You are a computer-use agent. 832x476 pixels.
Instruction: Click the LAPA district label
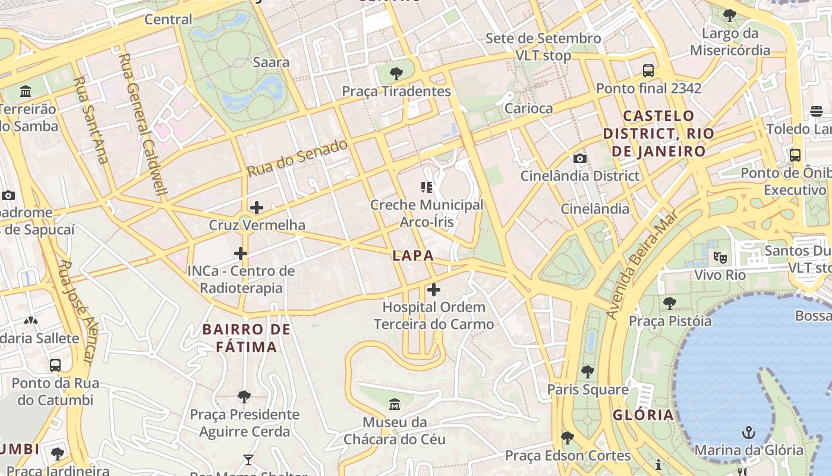tap(412, 256)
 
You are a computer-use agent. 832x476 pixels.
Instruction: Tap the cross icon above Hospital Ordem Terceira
tap(434, 290)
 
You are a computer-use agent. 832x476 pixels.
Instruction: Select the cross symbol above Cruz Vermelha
tap(257, 208)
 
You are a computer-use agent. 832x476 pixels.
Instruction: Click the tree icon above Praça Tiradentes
tap(396, 74)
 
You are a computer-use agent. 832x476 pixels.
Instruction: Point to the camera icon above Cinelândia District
tap(580, 158)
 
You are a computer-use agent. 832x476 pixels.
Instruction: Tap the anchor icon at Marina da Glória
tap(749, 433)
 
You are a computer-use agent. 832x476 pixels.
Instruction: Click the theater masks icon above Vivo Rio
tap(720, 258)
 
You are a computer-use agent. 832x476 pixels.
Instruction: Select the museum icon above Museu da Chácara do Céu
tap(394, 405)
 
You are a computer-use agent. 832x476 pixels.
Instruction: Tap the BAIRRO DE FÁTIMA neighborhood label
tap(246, 338)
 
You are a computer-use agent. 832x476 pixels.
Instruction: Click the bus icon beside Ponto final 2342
tap(648, 71)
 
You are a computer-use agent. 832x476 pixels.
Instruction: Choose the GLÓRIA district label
tap(643, 415)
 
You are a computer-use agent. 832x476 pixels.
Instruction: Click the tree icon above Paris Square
tap(588, 372)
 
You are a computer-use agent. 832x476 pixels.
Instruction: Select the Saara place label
tap(271, 62)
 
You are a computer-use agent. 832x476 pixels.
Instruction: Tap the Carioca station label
tap(528, 108)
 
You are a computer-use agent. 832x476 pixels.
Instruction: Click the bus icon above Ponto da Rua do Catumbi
tap(55, 365)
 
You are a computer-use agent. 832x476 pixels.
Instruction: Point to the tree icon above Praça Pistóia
tap(670, 303)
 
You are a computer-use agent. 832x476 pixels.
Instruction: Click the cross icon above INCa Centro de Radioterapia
tap(241, 253)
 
